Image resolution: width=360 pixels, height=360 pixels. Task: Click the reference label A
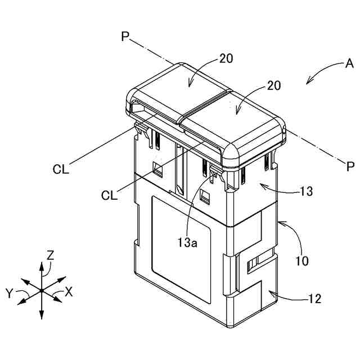point(340,65)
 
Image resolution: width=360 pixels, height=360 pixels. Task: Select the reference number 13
point(306,191)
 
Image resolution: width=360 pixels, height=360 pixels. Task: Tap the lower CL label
point(109,195)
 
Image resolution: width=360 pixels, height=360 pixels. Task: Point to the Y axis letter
point(9,292)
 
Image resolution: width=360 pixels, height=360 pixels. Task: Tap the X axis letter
point(69,292)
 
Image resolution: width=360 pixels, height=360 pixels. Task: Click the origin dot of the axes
point(42,290)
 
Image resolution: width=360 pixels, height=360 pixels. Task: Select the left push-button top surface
point(180,93)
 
